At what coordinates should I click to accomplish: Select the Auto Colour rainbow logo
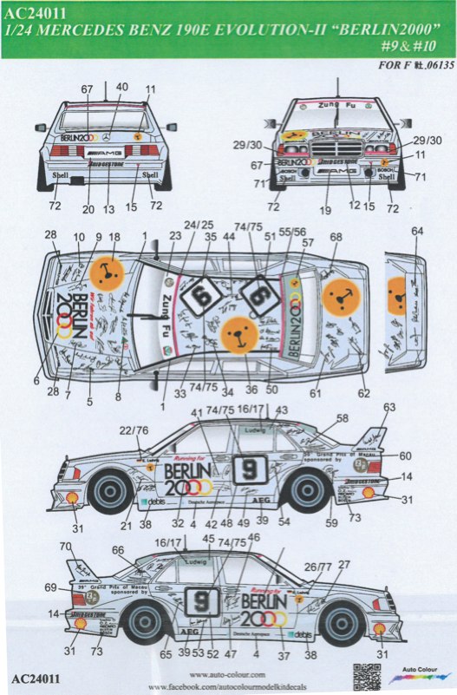421,671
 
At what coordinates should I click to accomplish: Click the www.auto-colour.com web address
228,673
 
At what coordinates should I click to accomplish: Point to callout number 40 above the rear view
122,87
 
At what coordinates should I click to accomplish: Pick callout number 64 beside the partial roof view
419,231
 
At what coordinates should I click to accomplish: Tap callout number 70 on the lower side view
64,547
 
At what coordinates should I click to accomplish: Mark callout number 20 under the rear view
88,209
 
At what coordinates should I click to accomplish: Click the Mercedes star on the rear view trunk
107,137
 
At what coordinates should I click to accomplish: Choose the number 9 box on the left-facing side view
250,468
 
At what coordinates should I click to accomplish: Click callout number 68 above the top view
336,237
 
